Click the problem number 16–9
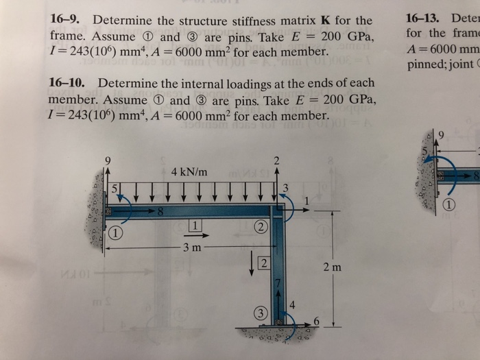(67, 20)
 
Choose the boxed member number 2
(263, 263)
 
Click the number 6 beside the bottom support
(316, 322)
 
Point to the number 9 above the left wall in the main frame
(106, 162)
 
